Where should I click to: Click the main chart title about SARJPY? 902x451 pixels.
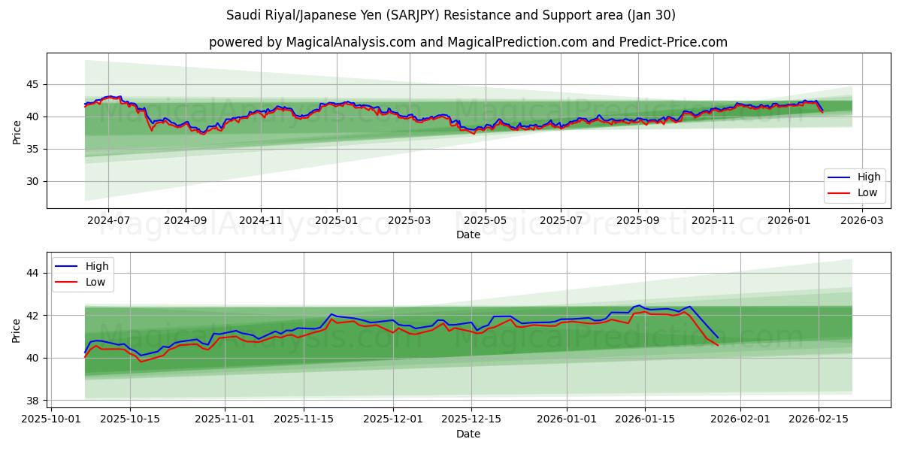point(451,15)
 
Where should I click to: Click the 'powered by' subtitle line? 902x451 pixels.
point(468,42)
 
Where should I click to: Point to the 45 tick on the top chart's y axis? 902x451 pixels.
point(32,84)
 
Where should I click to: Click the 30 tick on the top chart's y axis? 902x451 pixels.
point(32,181)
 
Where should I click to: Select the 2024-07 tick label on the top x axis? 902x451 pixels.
point(108,221)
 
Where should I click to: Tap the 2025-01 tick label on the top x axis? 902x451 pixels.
point(335,221)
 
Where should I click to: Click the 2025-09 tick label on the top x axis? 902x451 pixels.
point(637,221)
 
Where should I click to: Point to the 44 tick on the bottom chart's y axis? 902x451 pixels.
point(32,273)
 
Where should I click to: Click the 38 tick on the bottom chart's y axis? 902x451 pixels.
point(32,400)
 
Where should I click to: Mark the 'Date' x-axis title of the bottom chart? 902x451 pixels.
point(468,434)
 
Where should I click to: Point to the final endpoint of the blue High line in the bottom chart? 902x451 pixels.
point(718,337)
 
